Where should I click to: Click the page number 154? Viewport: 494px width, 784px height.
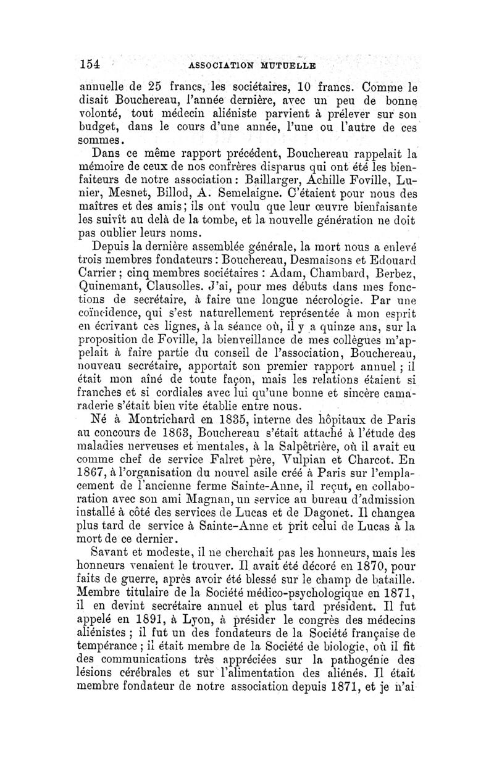point(90,64)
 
